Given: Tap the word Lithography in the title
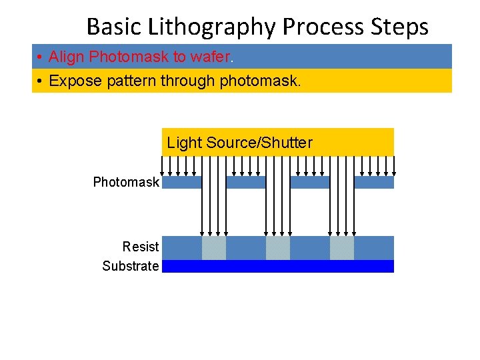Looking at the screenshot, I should coord(212,27).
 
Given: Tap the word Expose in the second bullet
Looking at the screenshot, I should coord(72,81).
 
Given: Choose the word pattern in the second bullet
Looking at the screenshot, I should coord(124,81).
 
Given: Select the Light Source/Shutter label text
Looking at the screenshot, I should coord(239,143).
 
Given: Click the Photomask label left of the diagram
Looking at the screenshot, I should coord(126,182).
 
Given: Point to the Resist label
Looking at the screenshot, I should coord(140,247).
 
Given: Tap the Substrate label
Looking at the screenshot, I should coord(131,266).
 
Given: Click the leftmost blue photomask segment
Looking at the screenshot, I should coord(182,182).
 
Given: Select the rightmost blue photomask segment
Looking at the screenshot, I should coord(374,182).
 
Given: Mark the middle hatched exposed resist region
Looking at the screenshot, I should coord(278,248).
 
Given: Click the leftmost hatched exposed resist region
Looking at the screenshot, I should coord(214,248).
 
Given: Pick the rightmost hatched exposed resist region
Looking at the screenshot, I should coord(342,248).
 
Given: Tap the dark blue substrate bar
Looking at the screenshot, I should coord(278,266).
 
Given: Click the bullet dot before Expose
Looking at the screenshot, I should coord(41,81).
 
